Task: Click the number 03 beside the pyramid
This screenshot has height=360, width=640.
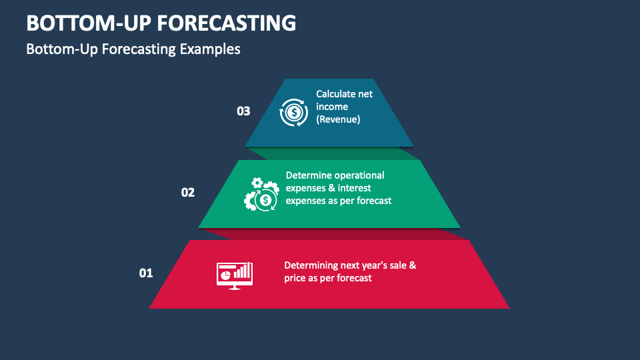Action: point(243,111)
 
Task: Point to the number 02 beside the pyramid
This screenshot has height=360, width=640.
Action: point(188,193)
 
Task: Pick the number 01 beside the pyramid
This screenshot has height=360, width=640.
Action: point(145,273)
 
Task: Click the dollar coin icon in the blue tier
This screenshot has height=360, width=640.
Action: point(292,112)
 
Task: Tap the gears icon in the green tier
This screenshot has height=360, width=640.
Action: point(261,194)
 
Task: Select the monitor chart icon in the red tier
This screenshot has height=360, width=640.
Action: point(234,274)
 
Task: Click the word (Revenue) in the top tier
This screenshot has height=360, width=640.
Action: point(338,119)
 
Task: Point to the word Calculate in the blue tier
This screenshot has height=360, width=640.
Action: point(335,94)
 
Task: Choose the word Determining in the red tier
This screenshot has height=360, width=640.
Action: point(311,265)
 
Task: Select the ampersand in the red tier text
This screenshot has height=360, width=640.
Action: point(412,265)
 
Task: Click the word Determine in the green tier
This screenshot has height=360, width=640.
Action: point(308,175)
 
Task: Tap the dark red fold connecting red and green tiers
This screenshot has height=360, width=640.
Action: point(333,234)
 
